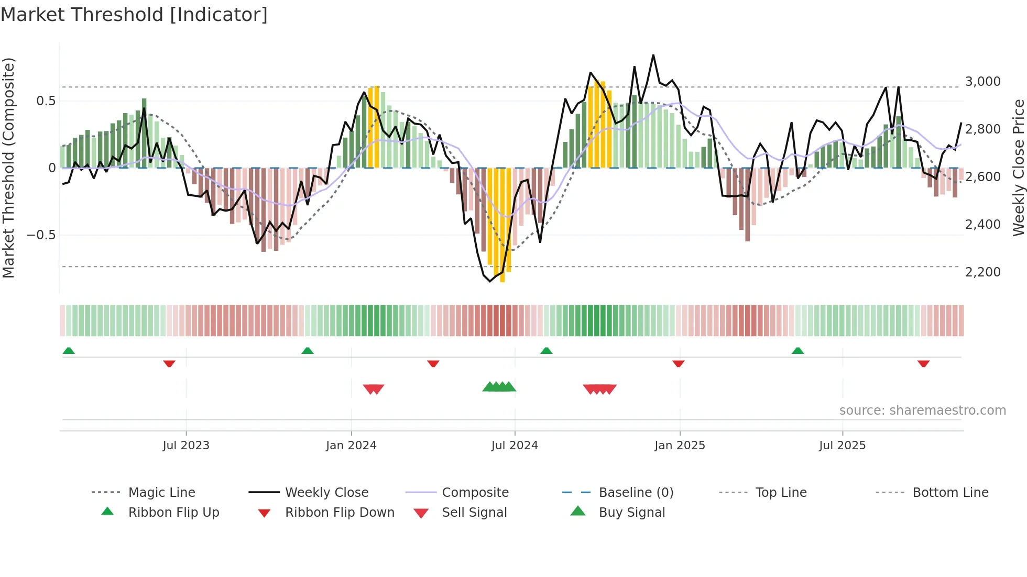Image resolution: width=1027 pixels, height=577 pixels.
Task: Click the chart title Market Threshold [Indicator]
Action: [134, 15]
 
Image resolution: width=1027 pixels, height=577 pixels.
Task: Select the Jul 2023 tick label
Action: [185, 446]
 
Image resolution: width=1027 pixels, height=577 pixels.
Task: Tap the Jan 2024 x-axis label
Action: [351, 446]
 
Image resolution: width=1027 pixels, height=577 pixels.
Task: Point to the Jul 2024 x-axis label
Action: [515, 446]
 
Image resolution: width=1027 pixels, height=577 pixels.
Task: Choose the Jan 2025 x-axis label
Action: [680, 446]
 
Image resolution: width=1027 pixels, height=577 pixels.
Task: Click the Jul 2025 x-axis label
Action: [842, 446]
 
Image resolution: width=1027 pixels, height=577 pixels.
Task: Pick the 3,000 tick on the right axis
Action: [982, 82]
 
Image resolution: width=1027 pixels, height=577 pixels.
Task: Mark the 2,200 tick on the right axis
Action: [982, 272]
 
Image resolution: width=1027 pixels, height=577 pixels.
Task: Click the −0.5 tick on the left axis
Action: [41, 235]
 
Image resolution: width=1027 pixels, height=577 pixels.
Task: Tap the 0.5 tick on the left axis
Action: [46, 101]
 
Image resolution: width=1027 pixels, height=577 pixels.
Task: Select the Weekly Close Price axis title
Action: [1018, 168]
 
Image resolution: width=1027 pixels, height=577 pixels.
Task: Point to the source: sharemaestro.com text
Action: [922, 410]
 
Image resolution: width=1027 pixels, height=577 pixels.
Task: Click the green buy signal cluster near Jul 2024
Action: [499, 387]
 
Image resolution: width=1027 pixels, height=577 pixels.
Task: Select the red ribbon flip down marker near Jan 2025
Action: [678, 363]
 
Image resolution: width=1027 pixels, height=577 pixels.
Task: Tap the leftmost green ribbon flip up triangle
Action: [69, 351]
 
